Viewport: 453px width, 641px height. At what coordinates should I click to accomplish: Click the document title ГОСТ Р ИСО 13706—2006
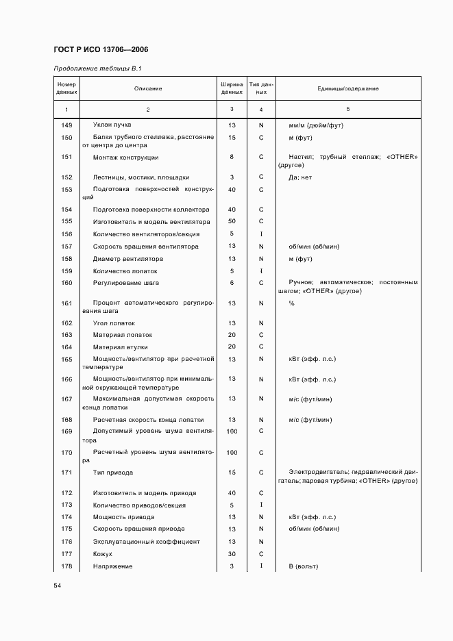pos(100,50)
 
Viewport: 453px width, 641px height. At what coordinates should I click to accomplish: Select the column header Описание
pos(148,89)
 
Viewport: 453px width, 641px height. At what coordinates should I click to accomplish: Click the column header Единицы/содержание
pos(347,89)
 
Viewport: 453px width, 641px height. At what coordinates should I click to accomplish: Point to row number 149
pos(66,125)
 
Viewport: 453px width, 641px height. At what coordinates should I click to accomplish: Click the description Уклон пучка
pos(112,125)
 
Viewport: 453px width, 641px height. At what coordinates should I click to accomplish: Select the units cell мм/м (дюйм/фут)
pos(316,125)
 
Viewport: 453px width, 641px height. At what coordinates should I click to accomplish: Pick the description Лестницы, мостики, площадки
pos(140,177)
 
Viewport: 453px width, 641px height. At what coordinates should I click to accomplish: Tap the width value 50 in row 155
pos(232,221)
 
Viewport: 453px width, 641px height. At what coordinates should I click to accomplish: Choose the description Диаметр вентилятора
pos(128,259)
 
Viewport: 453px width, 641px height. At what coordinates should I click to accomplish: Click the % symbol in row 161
pos(291,303)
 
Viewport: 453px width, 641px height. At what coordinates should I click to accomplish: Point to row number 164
pos(66,347)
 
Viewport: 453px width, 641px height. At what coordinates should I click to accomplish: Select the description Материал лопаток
pos(123,335)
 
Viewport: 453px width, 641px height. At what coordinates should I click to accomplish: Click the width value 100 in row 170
pos(232,452)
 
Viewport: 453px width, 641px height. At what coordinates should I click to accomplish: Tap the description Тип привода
pos(113,473)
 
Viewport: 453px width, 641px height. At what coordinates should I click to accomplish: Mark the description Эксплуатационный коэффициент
pos(147,542)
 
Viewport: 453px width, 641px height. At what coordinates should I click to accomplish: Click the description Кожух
pos(102,553)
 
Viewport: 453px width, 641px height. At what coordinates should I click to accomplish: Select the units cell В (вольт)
pos(304,566)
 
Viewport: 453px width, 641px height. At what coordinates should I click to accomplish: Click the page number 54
pos(58,586)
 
